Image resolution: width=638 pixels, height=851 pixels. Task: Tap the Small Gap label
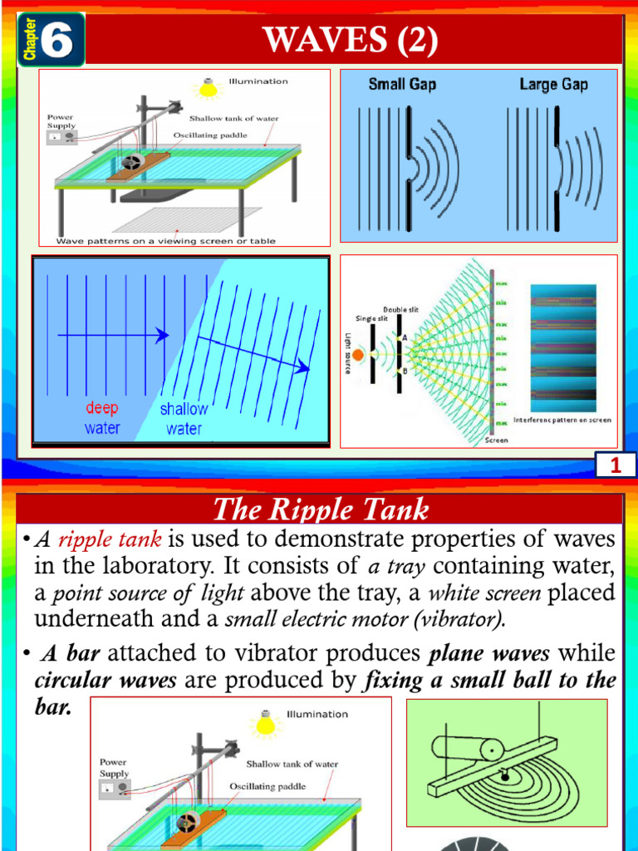(x=402, y=84)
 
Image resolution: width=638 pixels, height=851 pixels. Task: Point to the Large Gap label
(x=553, y=84)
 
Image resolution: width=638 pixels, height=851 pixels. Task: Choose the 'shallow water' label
(x=184, y=419)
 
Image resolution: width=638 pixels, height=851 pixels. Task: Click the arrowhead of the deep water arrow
(x=164, y=335)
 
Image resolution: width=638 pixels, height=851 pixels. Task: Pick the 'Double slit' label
(x=400, y=309)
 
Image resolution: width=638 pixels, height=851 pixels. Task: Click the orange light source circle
(x=358, y=355)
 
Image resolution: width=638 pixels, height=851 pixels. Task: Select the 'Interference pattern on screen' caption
(x=562, y=420)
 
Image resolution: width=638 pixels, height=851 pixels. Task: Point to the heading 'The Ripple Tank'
(x=320, y=509)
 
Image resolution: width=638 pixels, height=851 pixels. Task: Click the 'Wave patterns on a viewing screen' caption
(x=166, y=241)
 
